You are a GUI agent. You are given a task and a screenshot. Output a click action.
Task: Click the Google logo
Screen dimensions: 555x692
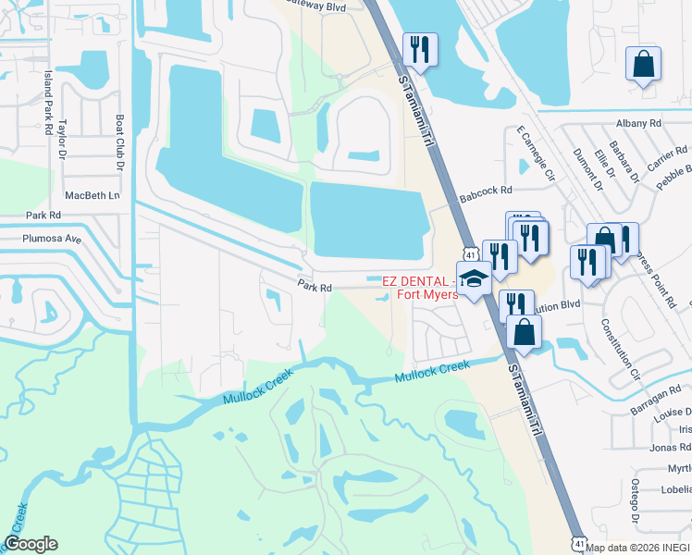(x=31, y=544)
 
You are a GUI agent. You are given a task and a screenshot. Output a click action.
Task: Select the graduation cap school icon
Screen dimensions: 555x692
(x=475, y=279)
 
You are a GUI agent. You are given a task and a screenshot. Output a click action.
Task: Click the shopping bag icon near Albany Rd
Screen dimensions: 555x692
(x=643, y=65)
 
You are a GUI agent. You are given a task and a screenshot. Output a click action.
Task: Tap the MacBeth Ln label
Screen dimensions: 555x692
(x=93, y=196)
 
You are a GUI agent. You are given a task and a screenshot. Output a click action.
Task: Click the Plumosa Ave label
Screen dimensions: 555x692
(x=53, y=238)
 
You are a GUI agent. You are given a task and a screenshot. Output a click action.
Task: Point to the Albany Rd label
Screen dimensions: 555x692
(x=638, y=122)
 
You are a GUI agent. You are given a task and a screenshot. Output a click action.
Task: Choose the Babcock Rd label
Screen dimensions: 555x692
(x=486, y=191)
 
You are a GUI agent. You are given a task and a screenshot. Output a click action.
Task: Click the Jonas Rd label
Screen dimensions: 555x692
(x=671, y=448)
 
